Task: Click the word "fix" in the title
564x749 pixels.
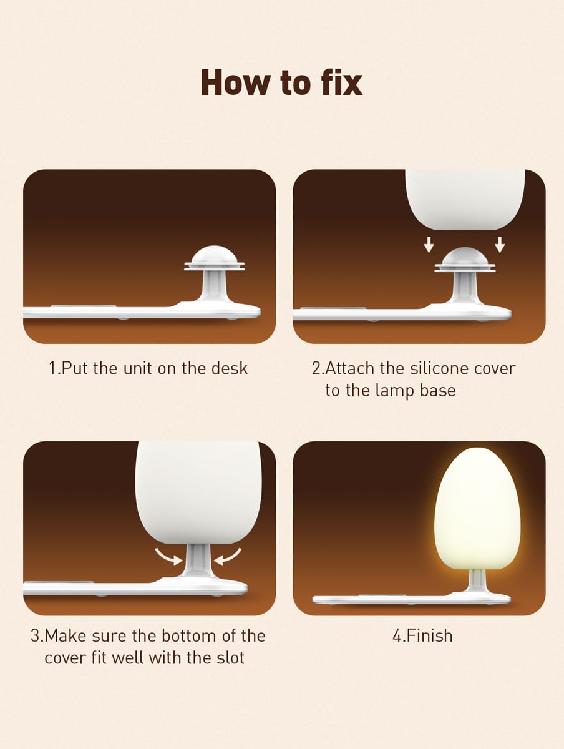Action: coord(342,82)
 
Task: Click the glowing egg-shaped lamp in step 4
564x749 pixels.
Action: coord(477,509)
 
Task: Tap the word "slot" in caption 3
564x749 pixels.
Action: coord(230,658)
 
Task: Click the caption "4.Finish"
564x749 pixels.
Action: coord(422,636)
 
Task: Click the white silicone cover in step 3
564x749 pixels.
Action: coord(198,492)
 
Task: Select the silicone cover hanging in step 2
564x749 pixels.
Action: coord(465,199)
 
